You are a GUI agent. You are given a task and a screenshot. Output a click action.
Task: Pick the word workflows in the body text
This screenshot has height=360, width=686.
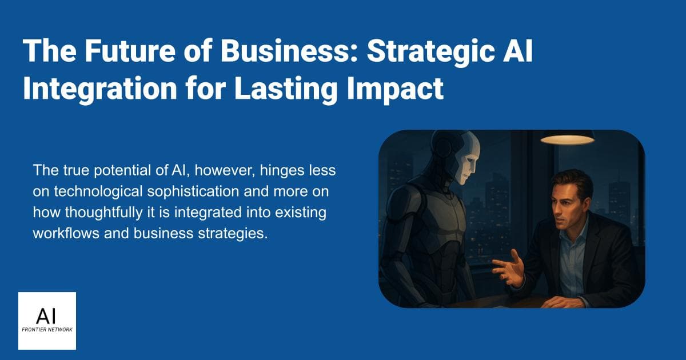62,234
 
